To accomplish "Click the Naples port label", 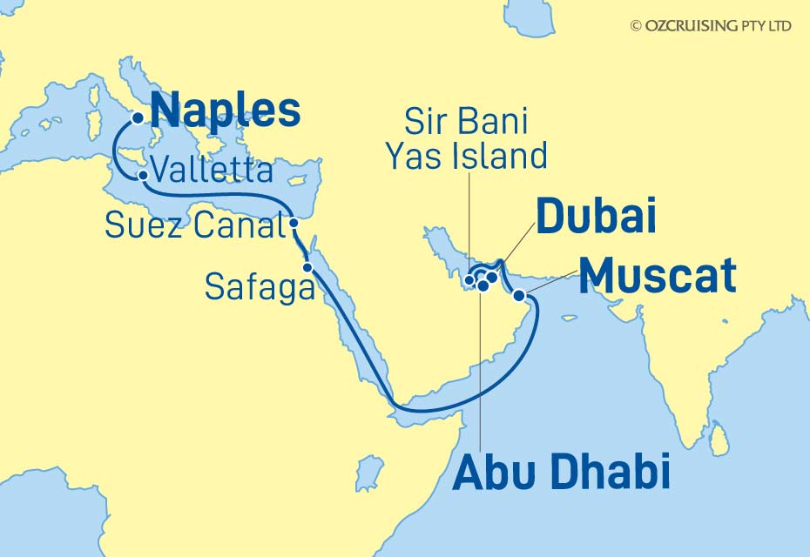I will (226, 111).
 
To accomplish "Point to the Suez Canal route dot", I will (294, 224).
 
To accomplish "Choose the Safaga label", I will (260, 286).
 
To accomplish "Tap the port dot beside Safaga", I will (307, 267).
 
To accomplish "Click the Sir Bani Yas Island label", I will (466, 139).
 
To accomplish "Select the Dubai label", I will (596, 218).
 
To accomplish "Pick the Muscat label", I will (658, 277).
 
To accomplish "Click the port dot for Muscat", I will (520, 296).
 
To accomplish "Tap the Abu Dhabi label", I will (562, 473).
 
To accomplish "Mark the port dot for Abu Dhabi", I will (483, 285).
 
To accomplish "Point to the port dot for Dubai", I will (492, 278).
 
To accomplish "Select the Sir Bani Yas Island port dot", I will (470, 280).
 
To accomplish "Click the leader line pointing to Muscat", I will (549, 283).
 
